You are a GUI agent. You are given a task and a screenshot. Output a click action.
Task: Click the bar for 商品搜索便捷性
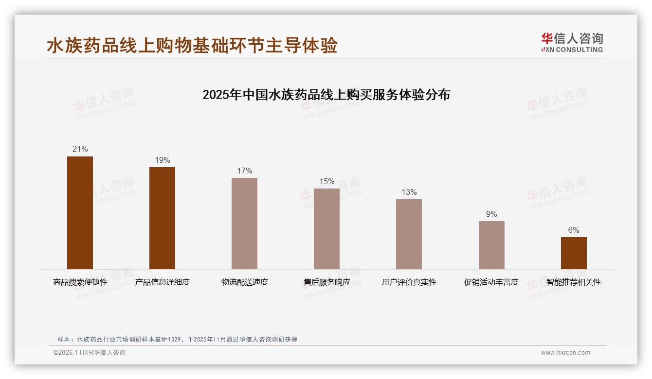point(80,213)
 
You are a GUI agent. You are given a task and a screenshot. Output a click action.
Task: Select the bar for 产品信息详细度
point(162,218)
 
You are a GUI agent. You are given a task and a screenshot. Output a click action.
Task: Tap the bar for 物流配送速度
point(244,224)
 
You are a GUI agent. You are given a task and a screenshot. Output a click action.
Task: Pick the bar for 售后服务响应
point(326,229)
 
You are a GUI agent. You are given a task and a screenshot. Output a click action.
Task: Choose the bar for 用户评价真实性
point(409,234)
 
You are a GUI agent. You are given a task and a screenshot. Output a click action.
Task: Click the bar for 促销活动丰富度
point(491,245)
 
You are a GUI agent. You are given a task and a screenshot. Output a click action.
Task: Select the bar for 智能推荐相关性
point(574,253)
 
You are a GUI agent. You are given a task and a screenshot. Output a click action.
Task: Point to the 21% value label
point(80,149)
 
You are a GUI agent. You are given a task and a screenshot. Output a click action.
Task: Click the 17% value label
point(244,171)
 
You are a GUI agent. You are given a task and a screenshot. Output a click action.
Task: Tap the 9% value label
point(491,214)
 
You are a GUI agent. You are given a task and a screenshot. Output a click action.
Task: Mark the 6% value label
point(574,230)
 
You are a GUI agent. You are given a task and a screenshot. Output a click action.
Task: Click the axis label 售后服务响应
point(326,282)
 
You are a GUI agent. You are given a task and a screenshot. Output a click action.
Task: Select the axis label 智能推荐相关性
point(574,282)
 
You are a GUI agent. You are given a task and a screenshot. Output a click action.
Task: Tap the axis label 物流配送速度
point(244,282)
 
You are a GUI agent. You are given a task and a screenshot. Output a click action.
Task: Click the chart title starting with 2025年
point(326,94)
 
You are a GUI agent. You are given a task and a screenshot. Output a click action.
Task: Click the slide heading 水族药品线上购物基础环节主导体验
point(192,46)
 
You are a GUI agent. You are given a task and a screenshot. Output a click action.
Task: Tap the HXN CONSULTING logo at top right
point(572,42)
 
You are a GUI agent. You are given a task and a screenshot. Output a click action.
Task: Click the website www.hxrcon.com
point(565,353)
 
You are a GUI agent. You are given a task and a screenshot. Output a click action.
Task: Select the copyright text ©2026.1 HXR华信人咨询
point(90,353)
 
